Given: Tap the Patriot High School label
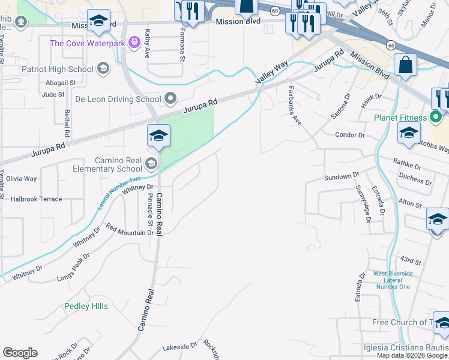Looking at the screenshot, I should (x=58, y=69).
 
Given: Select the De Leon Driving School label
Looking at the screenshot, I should (x=118, y=99).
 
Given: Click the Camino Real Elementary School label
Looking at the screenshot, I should (x=118, y=165).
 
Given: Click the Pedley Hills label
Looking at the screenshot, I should (x=86, y=306).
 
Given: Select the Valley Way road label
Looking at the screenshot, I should (x=273, y=72).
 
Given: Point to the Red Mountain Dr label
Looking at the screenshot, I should (x=130, y=230).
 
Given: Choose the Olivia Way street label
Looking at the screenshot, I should (x=22, y=179).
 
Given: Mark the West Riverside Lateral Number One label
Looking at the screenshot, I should (x=393, y=280).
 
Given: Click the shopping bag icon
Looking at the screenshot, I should (x=406, y=65).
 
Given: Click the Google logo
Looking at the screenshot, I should (x=20, y=353).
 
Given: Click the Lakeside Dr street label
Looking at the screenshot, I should (x=180, y=346).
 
